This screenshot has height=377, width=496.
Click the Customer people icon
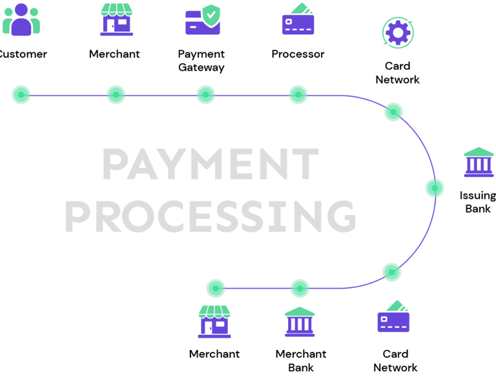click(21, 19)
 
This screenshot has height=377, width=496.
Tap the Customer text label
click(23, 54)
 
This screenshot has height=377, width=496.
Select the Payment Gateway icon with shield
click(203, 20)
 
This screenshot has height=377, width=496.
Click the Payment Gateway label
click(201, 61)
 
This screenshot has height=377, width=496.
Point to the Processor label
click(298, 54)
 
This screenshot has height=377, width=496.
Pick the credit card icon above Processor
click(298, 19)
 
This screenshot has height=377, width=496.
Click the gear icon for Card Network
click(397, 32)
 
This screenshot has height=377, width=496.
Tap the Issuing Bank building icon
click(479, 162)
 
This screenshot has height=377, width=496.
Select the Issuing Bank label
click(478, 202)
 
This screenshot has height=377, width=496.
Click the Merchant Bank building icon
click(300, 321)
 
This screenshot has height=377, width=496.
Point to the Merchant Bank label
click(301, 361)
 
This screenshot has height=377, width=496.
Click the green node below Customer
click(21, 95)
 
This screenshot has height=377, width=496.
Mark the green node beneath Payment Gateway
click(205, 95)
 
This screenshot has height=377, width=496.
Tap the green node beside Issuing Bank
click(435, 188)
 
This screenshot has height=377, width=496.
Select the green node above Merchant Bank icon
click(300, 288)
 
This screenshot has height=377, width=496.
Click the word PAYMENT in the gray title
click(211, 165)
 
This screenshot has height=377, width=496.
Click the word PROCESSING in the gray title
click(211, 215)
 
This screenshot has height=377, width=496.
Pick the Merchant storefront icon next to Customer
click(116, 19)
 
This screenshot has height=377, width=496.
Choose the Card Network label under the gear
click(397, 73)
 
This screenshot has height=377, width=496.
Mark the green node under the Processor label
click(298, 95)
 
